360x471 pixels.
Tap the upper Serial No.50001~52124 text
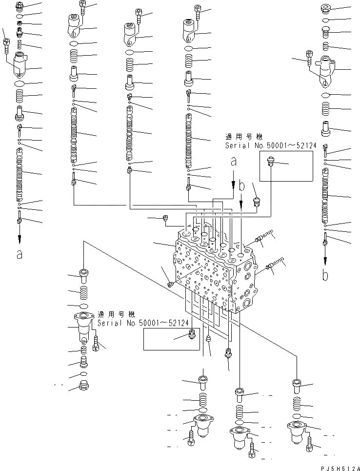(265, 145)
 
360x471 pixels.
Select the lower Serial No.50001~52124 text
(137, 323)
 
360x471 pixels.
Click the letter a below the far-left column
(20, 254)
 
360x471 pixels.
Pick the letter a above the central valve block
(233, 161)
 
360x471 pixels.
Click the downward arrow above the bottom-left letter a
(20, 237)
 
